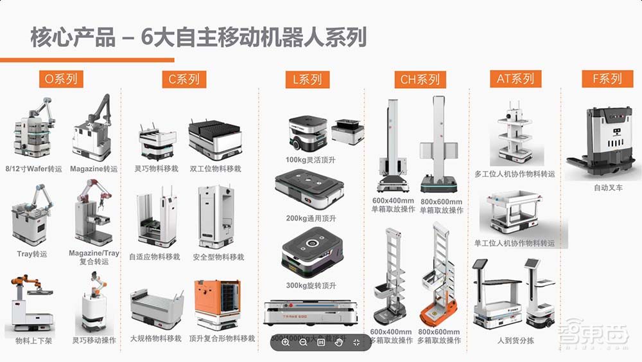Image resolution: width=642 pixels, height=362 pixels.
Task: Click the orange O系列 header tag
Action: (61, 80)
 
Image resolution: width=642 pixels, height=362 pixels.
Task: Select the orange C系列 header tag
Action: (184, 80)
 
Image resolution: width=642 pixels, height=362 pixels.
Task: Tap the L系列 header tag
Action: (307, 80)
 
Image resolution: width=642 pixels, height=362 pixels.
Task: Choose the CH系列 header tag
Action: (420, 80)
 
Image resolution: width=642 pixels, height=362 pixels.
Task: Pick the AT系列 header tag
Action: (515, 79)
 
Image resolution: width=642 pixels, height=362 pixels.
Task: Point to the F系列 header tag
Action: (607, 79)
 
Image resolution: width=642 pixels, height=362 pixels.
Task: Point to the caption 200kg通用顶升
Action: (311, 219)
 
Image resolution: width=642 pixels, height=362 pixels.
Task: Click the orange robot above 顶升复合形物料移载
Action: (218, 306)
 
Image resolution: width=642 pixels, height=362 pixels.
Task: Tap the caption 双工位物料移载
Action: (215, 169)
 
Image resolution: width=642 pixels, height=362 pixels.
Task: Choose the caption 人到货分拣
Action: (515, 340)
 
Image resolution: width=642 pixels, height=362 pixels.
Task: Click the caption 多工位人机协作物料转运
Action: (515, 174)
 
